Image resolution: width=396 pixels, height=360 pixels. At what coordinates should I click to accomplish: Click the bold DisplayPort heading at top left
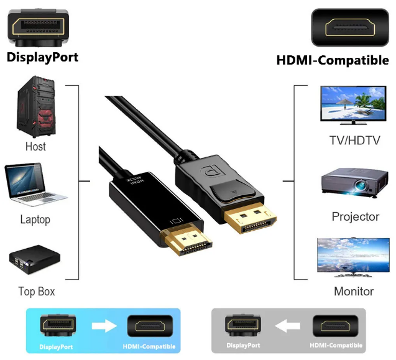[x=42, y=58]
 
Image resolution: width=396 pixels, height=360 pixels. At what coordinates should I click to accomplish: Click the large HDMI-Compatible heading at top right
[x=333, y=60]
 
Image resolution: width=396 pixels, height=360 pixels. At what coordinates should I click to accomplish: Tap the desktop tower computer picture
[x=35, y=107]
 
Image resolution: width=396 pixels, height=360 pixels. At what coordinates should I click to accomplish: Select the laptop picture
[x=35, y=184]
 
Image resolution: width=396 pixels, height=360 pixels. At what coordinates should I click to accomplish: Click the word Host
[x=35, y=147]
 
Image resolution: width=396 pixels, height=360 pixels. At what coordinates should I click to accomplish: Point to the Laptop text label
[x=35, y=219]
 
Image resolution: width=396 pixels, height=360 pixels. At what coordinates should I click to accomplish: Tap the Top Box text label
[x=36, y=291]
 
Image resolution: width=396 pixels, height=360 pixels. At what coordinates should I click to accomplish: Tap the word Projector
[x=355, y=216]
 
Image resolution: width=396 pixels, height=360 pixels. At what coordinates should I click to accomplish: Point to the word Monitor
[x=354, y=291]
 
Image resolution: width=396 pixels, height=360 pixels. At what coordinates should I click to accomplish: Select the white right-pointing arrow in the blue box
[x=104, y=325]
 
